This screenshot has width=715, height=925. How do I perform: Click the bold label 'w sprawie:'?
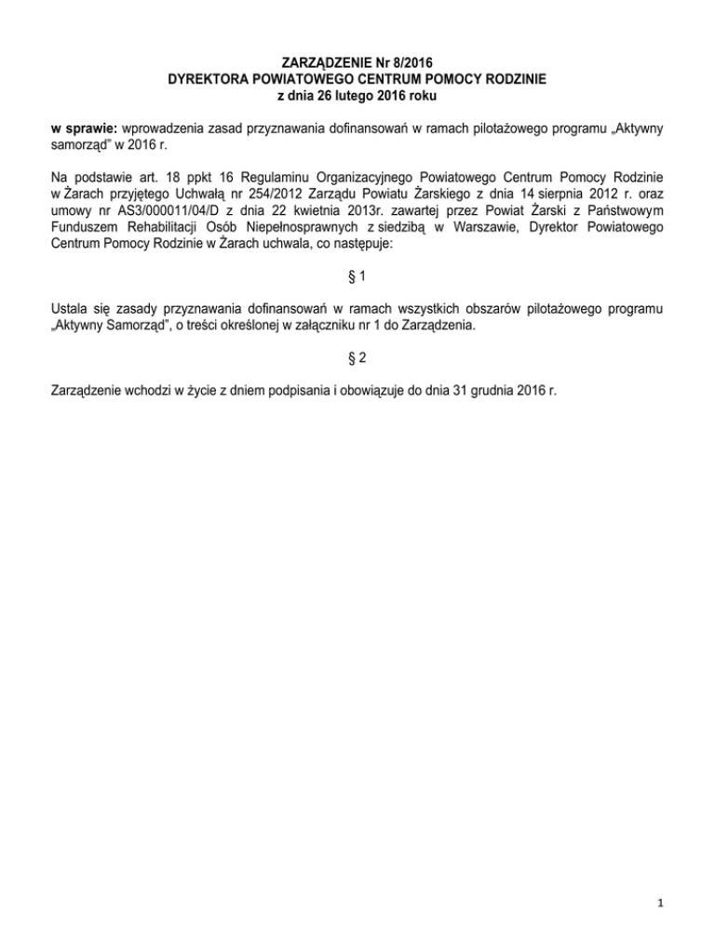point(80,127)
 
